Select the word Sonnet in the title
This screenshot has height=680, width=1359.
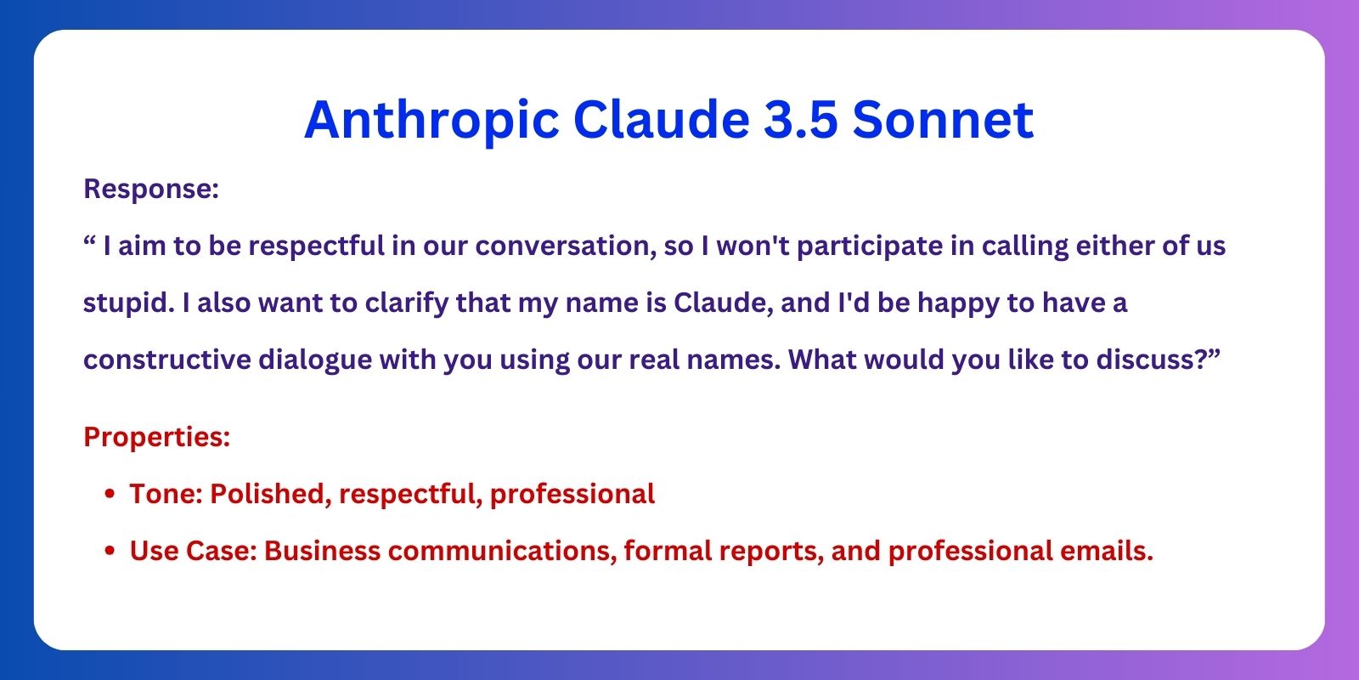click(x=943, y=119)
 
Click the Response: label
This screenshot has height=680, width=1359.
click(x=151, y=190)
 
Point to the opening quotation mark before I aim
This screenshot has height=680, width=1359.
click(x=89, y=241)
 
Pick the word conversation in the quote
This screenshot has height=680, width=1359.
click(x=566, y=246)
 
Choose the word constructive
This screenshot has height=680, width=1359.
click(x=166, y=360)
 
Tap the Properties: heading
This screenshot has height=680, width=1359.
click(x=156, y=437)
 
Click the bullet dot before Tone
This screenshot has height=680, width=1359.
click(x=110, y=494)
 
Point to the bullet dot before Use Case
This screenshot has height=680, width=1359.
click(x=110, y=551)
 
